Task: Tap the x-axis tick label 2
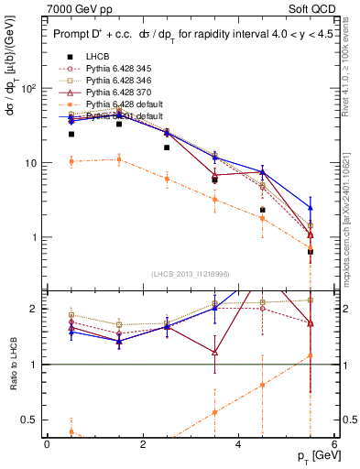point(142,444)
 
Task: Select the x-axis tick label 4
point(238,444)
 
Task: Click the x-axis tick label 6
point(333,444)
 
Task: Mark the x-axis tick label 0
point(47,444)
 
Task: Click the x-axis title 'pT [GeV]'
point(311,455)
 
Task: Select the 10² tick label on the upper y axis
point(27,88)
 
